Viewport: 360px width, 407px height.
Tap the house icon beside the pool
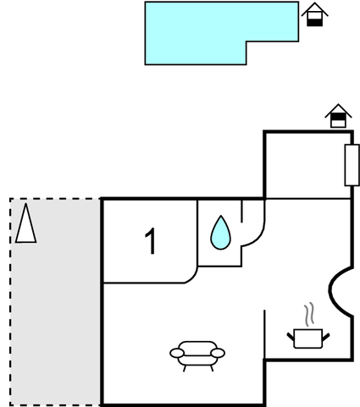point(314,14)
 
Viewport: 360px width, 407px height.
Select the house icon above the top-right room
point(338,116)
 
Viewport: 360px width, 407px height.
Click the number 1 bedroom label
point(151,241)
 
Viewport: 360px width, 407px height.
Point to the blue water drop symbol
point(220,233)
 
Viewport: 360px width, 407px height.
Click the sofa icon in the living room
point(197,355)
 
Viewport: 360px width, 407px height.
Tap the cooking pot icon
point(308,338)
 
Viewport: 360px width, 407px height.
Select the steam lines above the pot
point(309,315)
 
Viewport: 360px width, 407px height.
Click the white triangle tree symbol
point(25,223)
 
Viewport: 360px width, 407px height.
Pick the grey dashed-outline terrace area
point(55,302)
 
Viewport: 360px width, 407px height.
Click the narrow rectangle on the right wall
point(352,165)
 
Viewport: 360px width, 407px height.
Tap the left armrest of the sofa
point(177,353)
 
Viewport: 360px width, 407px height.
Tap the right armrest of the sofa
point(218,353)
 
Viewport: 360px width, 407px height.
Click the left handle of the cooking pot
point(291,337)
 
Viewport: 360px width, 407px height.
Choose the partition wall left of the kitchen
point(264,334)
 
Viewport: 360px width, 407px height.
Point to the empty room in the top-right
point(307,166)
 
